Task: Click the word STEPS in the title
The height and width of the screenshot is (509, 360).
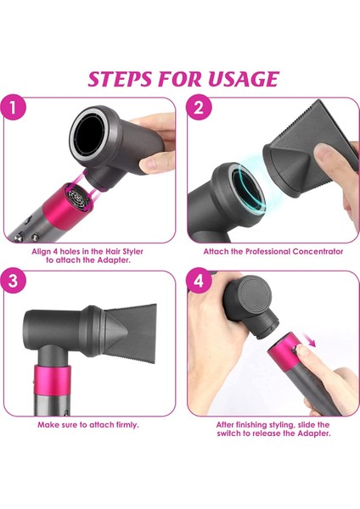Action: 125,79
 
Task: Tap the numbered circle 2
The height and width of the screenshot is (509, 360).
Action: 198,109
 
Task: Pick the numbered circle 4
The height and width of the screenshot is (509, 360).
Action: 198,283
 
